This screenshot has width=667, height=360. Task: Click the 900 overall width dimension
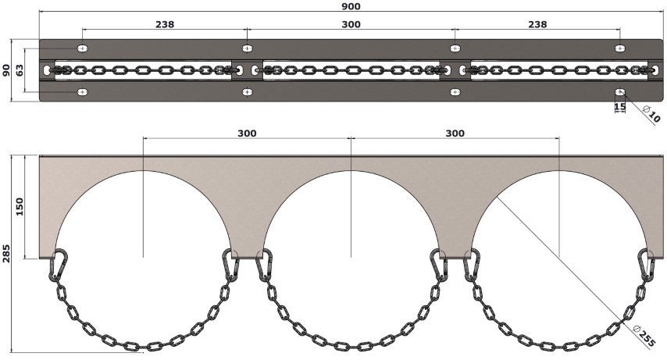pos(351,6)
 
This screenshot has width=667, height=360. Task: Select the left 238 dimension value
pos(165,24)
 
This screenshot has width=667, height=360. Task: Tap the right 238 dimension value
pos(537,24)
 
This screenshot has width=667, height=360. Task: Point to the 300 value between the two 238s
pos(351,24)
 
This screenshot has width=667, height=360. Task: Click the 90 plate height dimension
pos(6,70)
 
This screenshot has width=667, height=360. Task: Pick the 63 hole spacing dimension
pos(20,70)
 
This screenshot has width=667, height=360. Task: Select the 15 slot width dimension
pos(620,106)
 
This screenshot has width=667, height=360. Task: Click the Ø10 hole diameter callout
pos(651,114)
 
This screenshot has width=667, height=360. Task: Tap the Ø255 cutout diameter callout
pos(644,336)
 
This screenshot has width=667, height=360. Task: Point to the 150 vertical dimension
pos(20,206)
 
